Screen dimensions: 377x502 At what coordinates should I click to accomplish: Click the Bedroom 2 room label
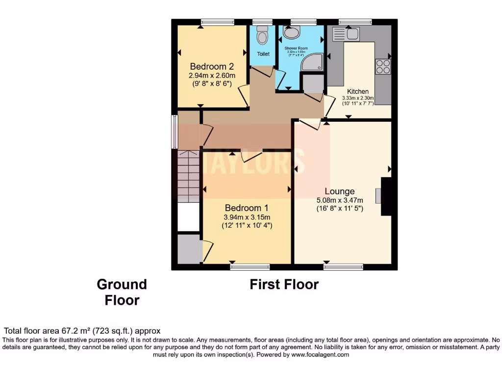coord(212,67)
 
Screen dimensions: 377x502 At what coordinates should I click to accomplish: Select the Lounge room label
coord(339,191)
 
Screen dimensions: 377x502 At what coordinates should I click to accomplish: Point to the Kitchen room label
coord(358,92)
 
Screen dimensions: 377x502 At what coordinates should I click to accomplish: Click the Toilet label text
coord(263,54)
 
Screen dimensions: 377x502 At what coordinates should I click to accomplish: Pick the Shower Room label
coord(296,49)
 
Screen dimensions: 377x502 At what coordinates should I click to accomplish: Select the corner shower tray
coord(312,63)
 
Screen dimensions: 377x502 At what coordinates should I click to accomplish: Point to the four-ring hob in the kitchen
coord(383,66)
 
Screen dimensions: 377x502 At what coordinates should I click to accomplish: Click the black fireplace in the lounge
coord(386,196)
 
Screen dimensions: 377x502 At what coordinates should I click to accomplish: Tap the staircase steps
coord(188,177)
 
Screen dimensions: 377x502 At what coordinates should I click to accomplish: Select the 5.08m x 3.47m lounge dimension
coord(339,200)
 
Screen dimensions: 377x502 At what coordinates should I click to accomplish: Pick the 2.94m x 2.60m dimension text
coord(212,76)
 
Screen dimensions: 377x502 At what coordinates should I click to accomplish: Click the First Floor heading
coord(284,284)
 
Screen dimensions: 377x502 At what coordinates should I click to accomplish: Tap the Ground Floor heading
coord(122,292)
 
